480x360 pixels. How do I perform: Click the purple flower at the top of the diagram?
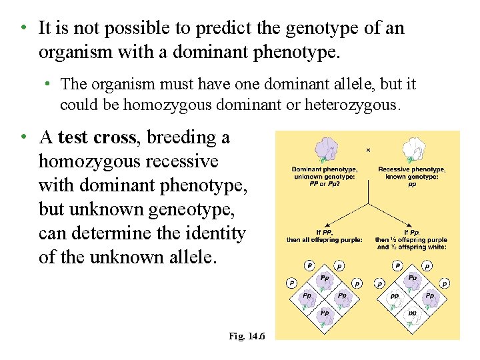click(326, 150)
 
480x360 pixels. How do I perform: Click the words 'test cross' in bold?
click(97, 137)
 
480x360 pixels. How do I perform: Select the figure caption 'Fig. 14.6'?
click(247, 336)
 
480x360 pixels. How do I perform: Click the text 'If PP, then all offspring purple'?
click(325, 236)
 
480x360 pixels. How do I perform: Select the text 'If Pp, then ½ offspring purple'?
click(411, 239)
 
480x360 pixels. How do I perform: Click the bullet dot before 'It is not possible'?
click(23, 28)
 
